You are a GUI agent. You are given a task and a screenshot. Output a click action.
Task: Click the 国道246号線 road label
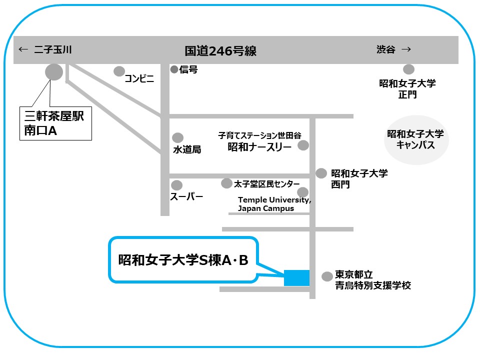[x=220, y=50]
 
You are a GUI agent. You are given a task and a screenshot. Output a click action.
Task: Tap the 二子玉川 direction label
[x=53, y=49]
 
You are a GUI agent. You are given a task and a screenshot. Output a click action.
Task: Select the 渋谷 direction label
[x=385, y=49]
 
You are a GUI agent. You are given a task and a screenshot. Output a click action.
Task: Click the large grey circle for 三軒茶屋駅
[x=54, y=72]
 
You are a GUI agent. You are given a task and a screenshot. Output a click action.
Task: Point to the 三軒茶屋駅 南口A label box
[x=55, y=123]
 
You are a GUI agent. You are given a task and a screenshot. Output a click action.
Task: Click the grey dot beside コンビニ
[x=119, y=71]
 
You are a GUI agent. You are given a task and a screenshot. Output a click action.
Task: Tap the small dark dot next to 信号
[x=174, y=69]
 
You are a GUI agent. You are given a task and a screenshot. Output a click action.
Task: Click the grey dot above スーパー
[x=176, y=185]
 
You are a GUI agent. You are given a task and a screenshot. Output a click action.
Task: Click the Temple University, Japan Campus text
[x=274, y=204]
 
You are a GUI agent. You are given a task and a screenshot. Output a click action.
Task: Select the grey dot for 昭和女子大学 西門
[x=321, y=173]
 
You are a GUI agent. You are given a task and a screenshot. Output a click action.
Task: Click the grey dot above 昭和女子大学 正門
[x=409, y=69]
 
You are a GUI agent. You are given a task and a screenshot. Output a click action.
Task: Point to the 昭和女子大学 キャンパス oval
[x=416, y=140]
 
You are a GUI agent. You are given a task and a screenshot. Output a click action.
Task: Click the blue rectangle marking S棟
[x=296, y=278]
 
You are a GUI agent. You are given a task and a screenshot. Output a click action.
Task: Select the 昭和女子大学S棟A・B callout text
[x=183, y=259]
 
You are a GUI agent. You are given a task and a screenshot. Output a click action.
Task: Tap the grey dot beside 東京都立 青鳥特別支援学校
[x=327, y=276]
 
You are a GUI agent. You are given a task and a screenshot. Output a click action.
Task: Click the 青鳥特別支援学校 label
[x=373, y=286]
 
